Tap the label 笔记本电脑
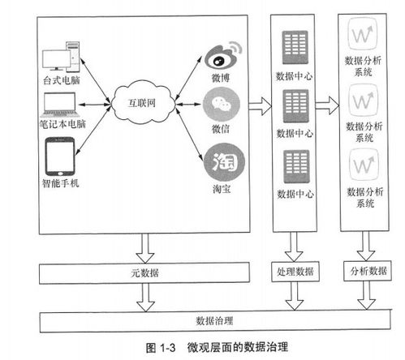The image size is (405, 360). coord(62,126)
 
